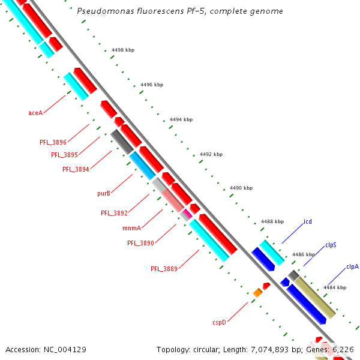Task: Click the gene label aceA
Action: pyautogui.click(x=35, y=113)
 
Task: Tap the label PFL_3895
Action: pyautogui.click(x=64, y=155)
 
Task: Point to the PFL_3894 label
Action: pyautogui.click(x=76, y=169)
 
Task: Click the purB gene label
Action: pyautogui.click(x=104, y=193)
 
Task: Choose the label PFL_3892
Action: pyautogui.click(x=114, y=213)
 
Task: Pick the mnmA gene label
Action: pyautogui.click(x=132, y=228)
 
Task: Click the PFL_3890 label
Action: pyautogui.click(x=140, y=243)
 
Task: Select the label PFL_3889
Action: pyautogui.click(x=164, y=269)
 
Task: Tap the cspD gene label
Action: pyautogui.click(x=219, y=322)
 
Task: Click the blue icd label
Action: pyautogui.click(x=308, y=221)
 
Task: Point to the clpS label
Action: pyautogui.click(x=331, y=245)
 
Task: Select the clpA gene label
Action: pyautogui.click(x=352, y=267)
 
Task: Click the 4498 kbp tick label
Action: pyautogui.click(x=122, y=50)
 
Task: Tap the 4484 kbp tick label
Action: pyautogui.click(x=334, y=287)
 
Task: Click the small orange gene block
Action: pyautogui.click(x=257, y=292)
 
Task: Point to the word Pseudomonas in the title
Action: pyautogui.click(x=102, y=11)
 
